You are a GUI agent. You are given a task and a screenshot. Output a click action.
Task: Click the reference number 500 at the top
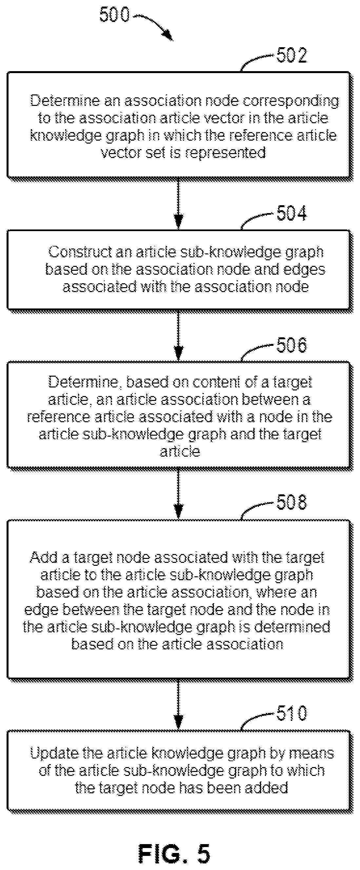coord(114,15)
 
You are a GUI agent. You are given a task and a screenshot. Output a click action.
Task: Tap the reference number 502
coord(292,55)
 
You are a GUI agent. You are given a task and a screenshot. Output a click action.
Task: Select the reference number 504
coord(292,213)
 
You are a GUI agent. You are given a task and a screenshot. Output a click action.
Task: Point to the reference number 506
coord(292,345)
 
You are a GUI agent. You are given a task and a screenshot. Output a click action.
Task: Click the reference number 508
coord(292,502)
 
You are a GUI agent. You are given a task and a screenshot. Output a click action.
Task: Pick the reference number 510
coord(292,714)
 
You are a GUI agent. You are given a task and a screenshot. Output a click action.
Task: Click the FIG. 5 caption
coord(174,853)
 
